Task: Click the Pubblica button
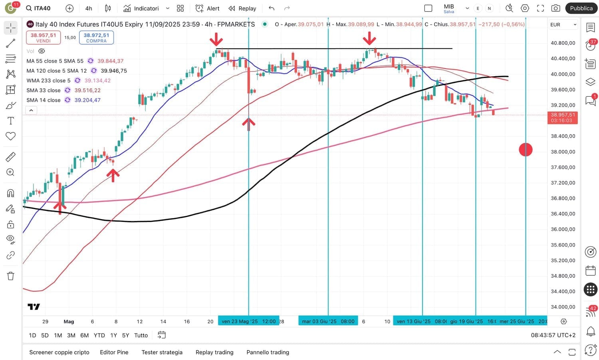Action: (x=581, y=8)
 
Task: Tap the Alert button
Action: (x=207, y=8)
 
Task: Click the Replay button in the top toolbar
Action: (x=242, y=8)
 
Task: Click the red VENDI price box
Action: (x=44, y=38)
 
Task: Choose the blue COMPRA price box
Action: (x=96, y=38)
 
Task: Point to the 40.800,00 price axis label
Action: (x=563, y=43)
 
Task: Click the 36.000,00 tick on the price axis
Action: (x=563, y=229)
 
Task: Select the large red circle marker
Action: (x=526, y=150)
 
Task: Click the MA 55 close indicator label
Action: (x=55, y=61)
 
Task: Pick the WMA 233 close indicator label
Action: (x=48, y=81)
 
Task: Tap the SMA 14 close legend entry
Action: (x=44, y=100)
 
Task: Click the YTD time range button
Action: (x=99, y=335)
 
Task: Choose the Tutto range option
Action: (x=141, y=335)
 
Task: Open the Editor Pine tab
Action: (x=114, y=352)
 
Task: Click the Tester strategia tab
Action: (x=162, y=352)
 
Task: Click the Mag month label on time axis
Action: (x=69, y=322)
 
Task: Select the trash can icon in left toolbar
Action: (x=11, y=276)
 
